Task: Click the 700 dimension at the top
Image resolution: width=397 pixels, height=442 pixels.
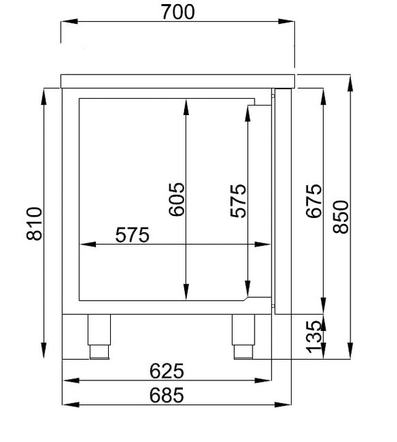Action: (x=178, y=12)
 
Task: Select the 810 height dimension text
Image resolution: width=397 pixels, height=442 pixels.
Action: (x=34, y=223)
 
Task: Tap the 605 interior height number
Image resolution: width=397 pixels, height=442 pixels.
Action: (x=177, y=199)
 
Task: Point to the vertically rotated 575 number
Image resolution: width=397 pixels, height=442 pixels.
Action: (x=238, y=200)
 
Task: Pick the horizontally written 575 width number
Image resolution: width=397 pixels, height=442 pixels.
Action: (x=132, y=234)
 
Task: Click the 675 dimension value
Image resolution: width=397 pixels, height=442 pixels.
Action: (x=313, y=201)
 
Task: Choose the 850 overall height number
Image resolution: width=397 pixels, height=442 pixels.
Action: (x=341, y=217)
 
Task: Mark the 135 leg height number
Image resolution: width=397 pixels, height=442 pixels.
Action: (x=313, y=337)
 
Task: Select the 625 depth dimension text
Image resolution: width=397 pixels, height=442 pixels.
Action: (x=167, y=371)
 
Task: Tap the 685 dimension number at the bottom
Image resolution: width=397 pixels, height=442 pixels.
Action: (x=167, y=395)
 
